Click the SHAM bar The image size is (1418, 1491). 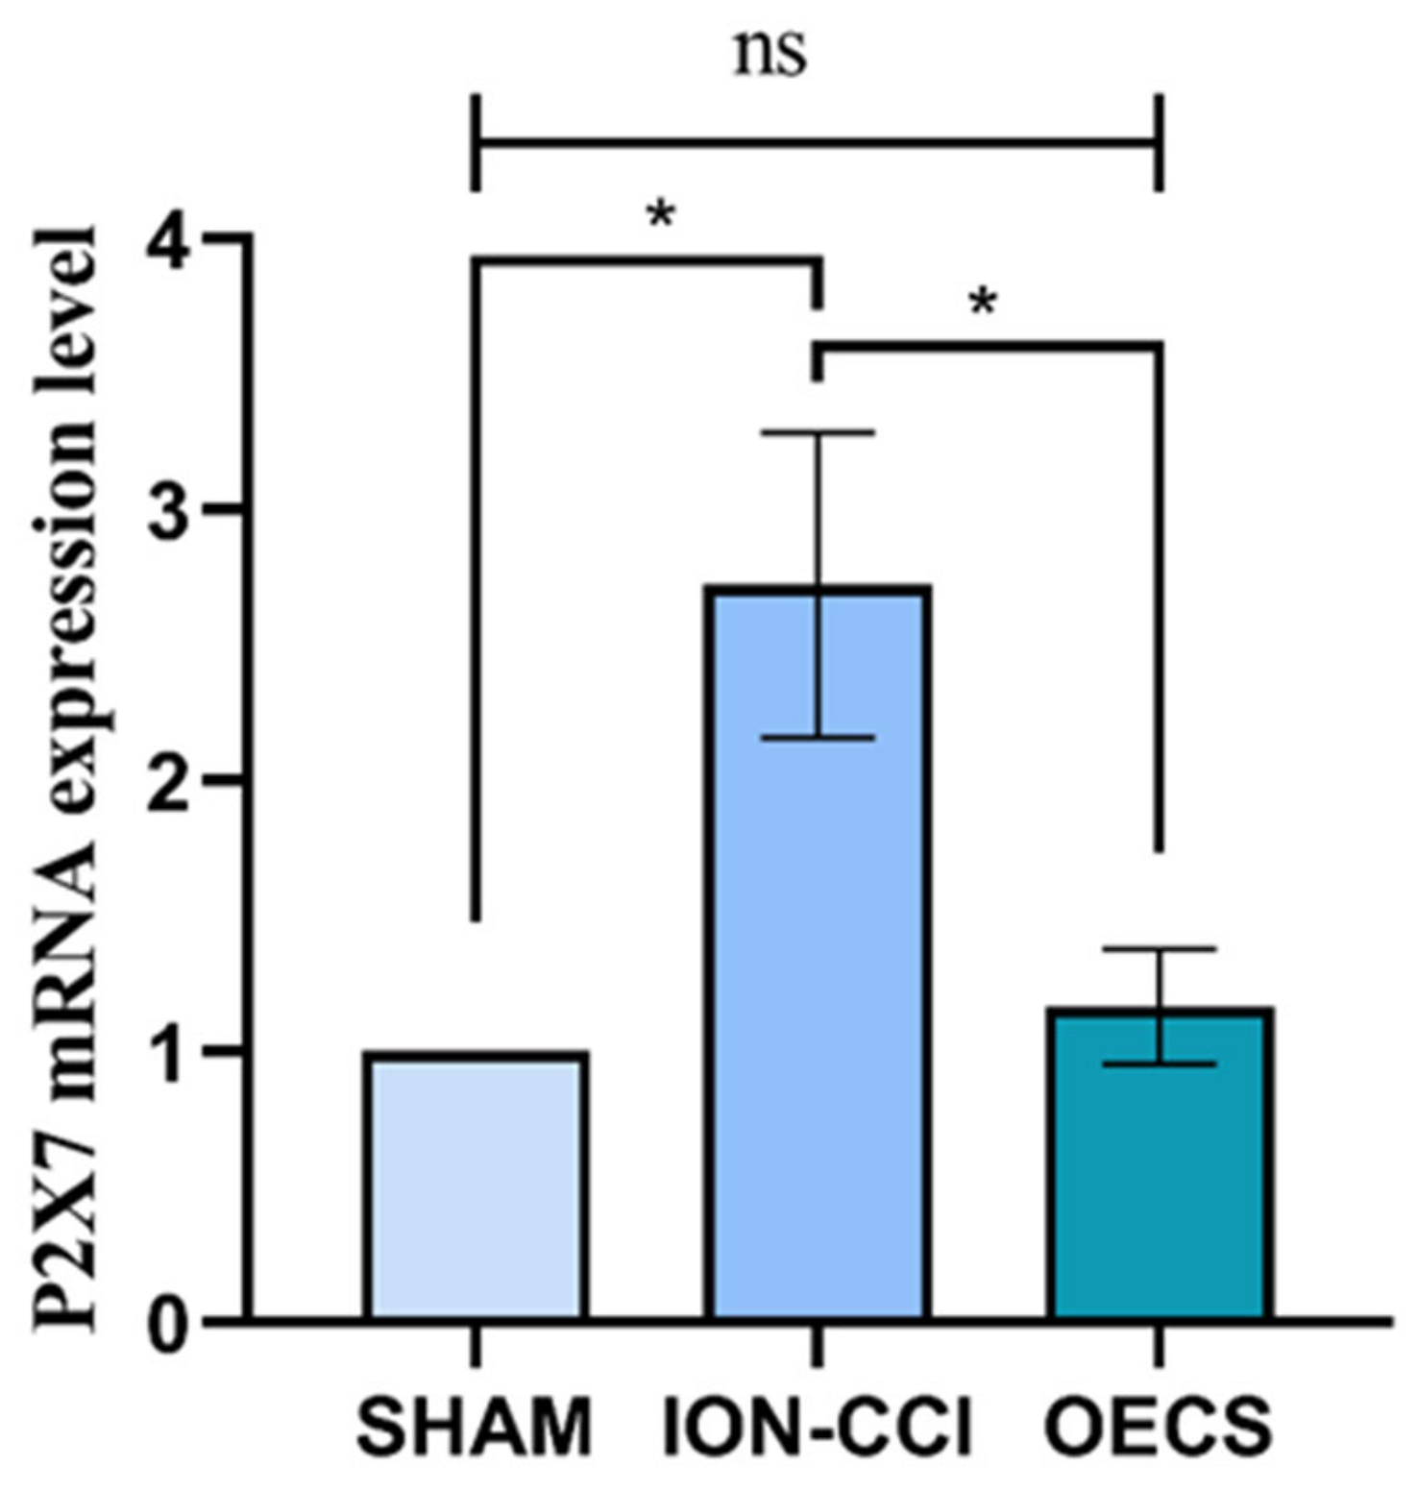coord(476,1186)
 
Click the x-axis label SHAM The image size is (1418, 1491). coord(475,1428)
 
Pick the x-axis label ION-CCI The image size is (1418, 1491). coord(818,1428)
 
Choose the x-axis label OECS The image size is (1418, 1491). coord(1159,1428)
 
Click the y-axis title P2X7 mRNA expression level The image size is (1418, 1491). coord(67,778)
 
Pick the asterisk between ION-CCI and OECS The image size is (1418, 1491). coord(983,304)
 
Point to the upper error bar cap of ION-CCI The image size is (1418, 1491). coord(818,433)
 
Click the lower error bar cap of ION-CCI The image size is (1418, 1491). coord(818,738)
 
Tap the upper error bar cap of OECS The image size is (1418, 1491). coord(1161,949)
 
